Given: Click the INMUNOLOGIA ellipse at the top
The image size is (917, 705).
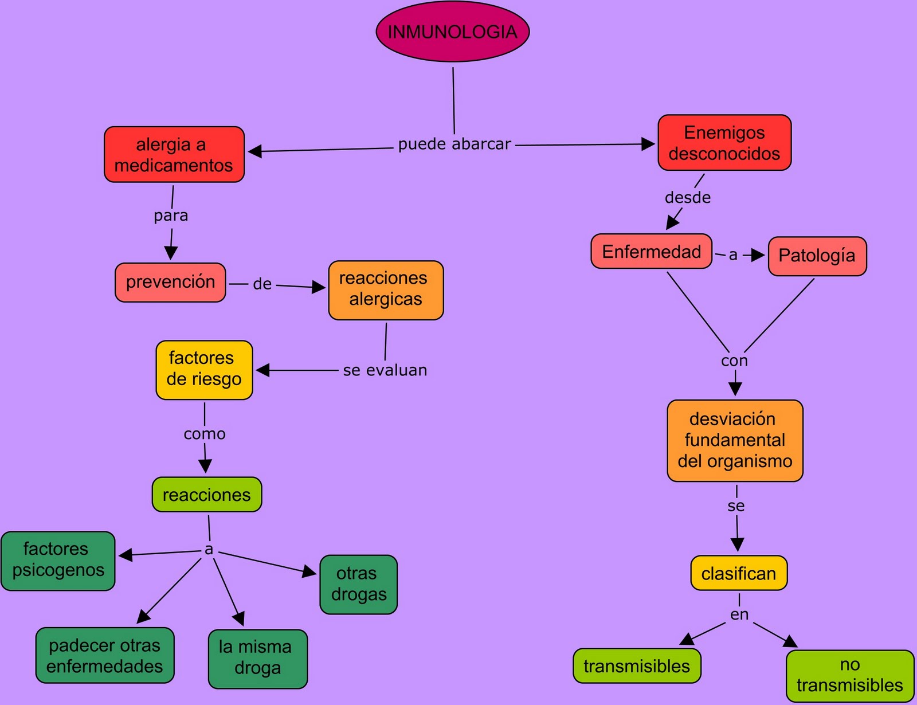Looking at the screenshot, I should click(453, 32).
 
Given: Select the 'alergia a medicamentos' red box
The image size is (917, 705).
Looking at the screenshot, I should click(174, 155).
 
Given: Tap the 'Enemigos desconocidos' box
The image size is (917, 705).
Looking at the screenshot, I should click(724, 143).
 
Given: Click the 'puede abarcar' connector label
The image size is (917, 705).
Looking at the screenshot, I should click(454, 144).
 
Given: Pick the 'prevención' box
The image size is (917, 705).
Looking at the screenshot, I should click(170, 282).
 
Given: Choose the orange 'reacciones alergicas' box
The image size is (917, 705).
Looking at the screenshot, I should click(386, 290).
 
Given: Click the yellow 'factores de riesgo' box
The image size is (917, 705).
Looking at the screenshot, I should click(204, 370).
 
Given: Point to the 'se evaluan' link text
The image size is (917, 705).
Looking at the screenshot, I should click(385, 370).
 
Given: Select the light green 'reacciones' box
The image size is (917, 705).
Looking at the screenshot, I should click(207, 495).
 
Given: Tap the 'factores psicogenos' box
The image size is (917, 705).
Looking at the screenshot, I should click(58, 561).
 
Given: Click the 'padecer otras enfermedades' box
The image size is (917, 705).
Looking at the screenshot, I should click(105, 655).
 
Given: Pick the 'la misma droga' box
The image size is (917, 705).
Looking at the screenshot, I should click(257, 659).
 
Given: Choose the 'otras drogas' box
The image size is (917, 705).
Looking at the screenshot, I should click(358, 584).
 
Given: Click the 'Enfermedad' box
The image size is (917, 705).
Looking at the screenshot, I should click(652, 252).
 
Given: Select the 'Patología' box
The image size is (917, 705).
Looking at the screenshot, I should click(817, 256).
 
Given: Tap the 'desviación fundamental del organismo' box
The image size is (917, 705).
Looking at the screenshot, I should click(735, 440).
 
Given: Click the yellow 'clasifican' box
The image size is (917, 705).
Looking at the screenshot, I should click(739, 573).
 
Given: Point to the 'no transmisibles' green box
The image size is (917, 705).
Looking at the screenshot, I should click(849, 675).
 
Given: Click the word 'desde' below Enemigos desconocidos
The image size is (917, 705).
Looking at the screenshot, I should click(688, 198).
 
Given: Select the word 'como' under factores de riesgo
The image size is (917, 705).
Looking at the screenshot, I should click(205, 434).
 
